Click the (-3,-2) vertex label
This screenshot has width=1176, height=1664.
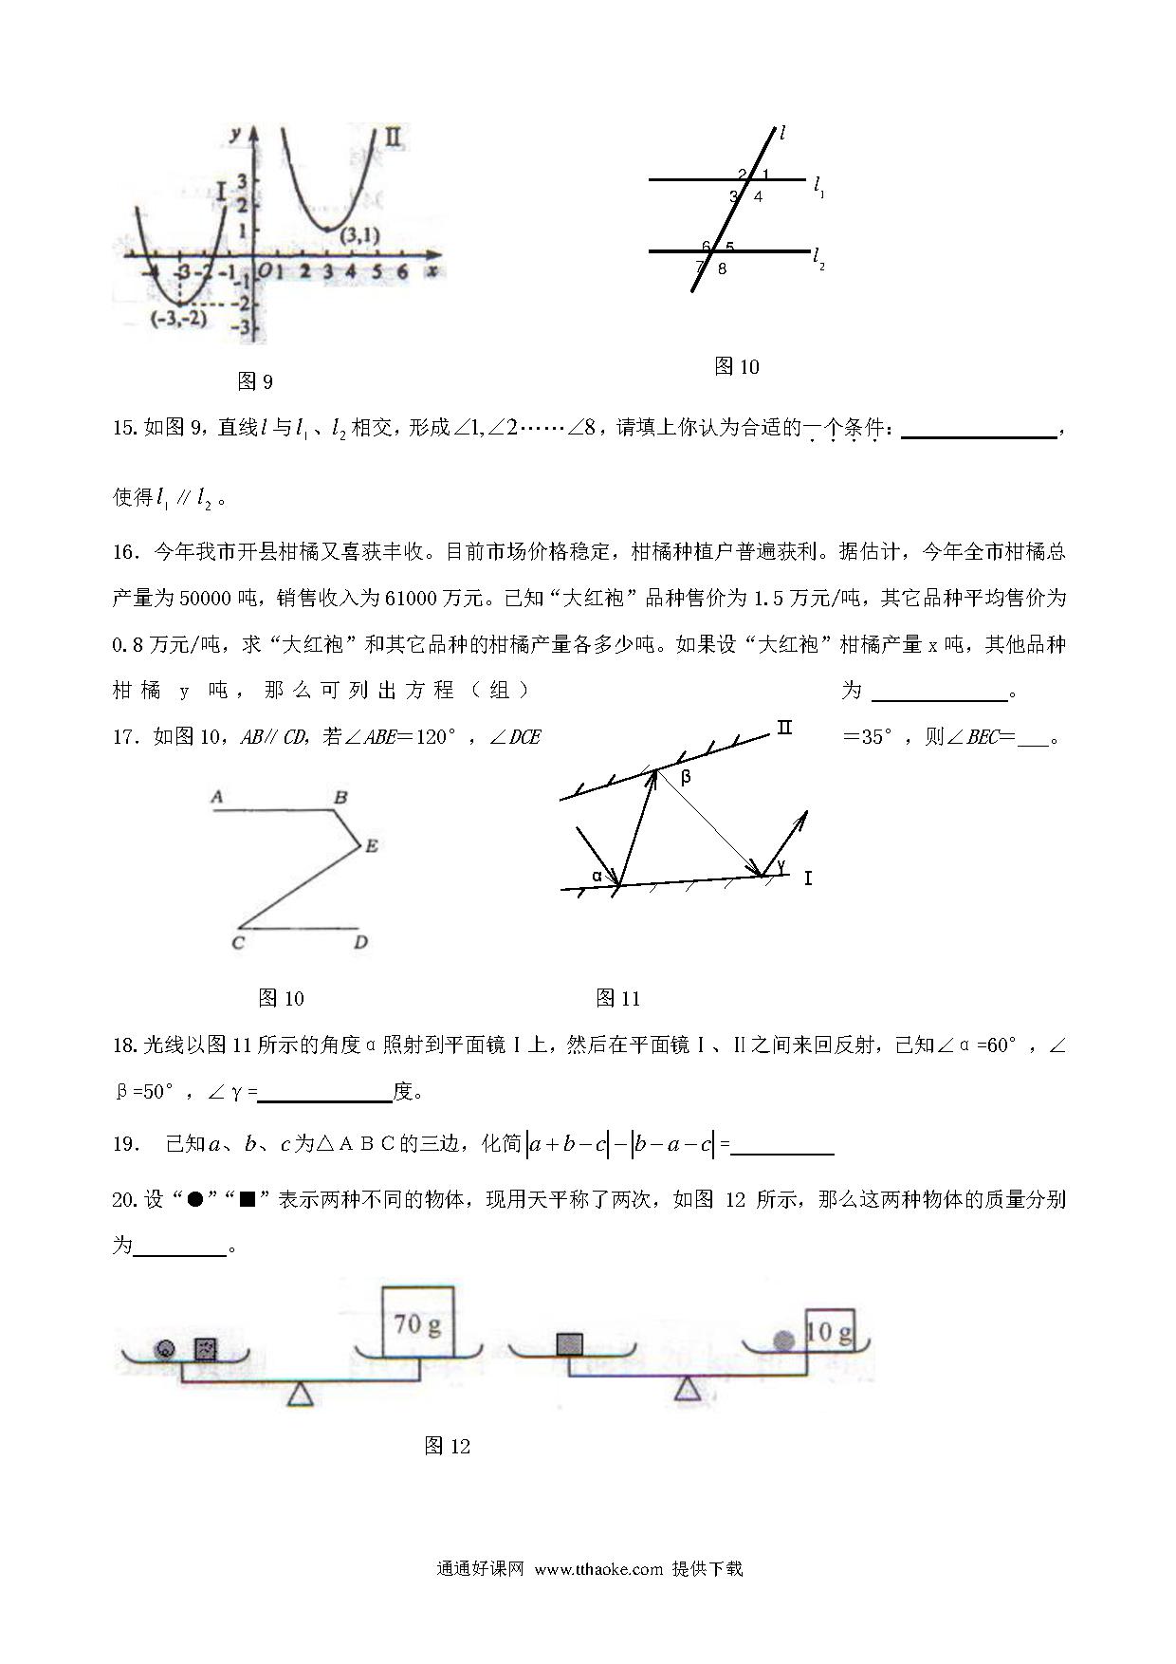(x=179, y=319)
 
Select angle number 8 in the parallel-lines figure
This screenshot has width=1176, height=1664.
(x=723, y=268)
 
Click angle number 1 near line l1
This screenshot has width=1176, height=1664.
(x=765, y=175)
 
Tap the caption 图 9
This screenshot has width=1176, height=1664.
(x=254, y=381)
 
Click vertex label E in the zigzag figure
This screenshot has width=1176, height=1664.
(x=372, y=845)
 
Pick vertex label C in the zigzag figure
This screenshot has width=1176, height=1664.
(x=238, y=942)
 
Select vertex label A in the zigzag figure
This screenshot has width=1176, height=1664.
(x=217, y=797)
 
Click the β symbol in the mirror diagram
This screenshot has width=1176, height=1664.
(x=686, y=777)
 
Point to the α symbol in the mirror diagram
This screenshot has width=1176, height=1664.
(x=597, y=876)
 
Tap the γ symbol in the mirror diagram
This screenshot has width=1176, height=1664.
(x=781, y=865)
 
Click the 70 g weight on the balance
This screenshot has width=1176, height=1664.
(x=417, y=1322)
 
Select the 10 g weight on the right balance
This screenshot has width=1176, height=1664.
(x=829, y=1332)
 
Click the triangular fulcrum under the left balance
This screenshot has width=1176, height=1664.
(x=302, y=1395)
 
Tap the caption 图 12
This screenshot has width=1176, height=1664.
(x=448, y=1446)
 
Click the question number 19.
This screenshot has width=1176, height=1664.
(x=125, y=1144)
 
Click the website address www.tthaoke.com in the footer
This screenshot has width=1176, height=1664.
(x=598, y=1569)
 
